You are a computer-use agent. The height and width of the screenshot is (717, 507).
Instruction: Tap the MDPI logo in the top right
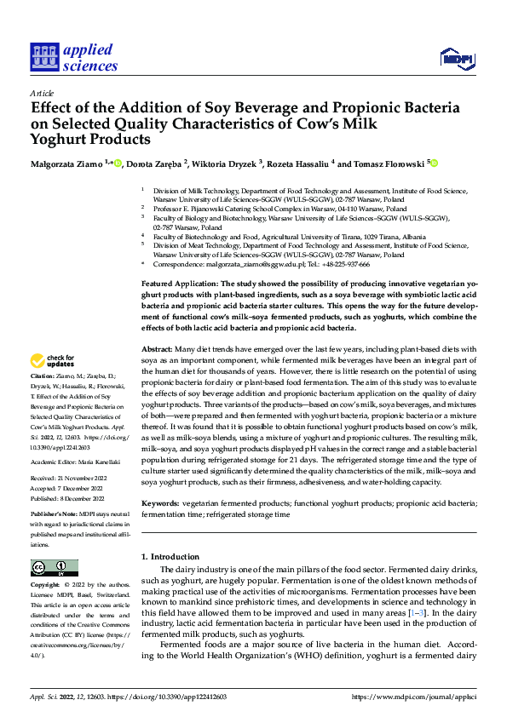456,58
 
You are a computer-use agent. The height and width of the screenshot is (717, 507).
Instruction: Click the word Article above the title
42,94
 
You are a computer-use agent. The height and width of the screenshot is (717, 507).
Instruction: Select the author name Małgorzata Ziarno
66,163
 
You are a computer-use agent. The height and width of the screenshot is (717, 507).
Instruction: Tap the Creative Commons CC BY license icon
54,568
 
